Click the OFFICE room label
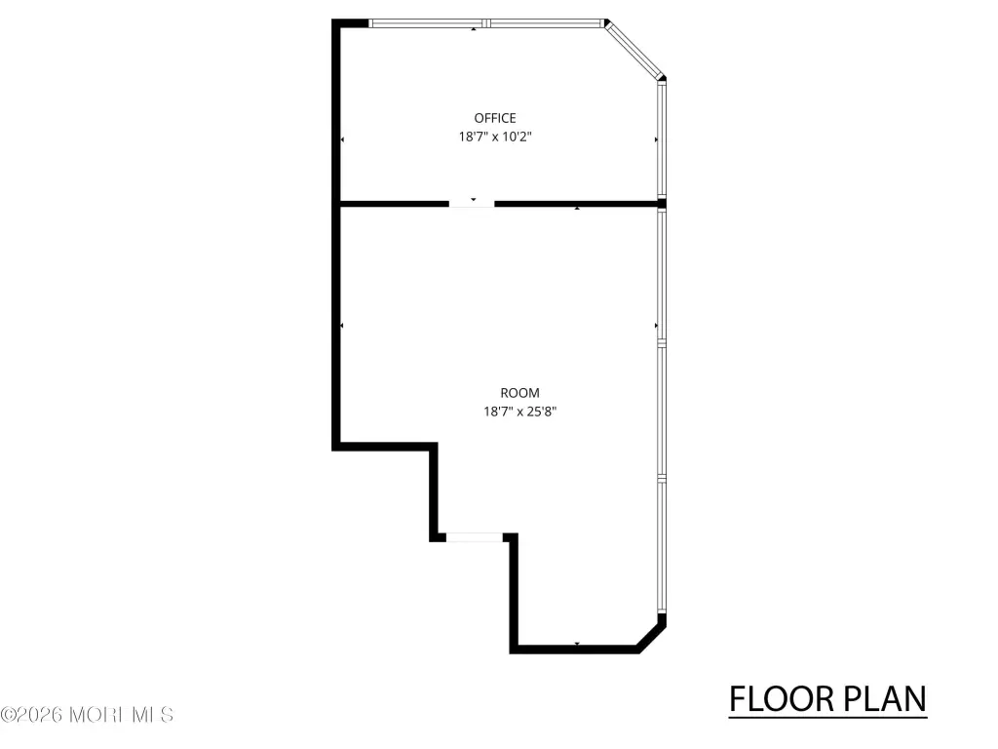tap(494, 118)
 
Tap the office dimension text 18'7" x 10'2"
tap(494, 137)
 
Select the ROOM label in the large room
tap(519, 393)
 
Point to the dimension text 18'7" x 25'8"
tap(519, 412)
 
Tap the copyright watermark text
tap(87, 715)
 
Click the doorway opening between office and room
tap(472, 204)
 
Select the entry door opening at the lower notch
tap(475, 537)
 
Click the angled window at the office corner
tap(633, 51)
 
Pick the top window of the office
tap(486, 23)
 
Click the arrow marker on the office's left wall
tap(342, 139)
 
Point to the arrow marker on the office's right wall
tap(656, 139)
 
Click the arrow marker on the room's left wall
tap(342, 326)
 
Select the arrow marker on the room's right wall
tap(656, 326)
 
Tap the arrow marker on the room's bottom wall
tap(577, 644)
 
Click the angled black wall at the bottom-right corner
tap(651, 637)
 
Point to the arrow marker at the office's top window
tap(473, 29)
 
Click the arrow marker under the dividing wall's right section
tap(577, 209)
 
